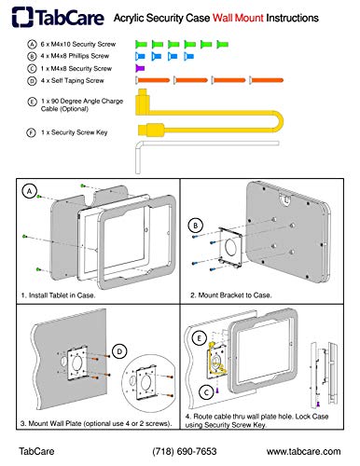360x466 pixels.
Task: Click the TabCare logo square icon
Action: coord(22,17)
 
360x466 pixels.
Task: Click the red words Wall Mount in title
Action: coord(238,18)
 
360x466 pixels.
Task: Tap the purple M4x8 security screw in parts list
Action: coord(140,68)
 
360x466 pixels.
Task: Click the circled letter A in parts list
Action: coord(32,45)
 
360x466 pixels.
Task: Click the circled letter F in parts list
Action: coord(31,132)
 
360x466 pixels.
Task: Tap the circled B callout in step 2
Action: coord(196,226)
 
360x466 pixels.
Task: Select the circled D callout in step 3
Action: coord(119,351)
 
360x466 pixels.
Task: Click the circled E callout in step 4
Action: coord(200,338)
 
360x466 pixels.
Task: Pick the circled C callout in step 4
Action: coord(206,392)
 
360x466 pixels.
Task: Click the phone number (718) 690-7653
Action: coord(185,451)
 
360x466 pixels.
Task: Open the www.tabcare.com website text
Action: coord(303,451)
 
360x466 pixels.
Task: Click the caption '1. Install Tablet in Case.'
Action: coord(58,295)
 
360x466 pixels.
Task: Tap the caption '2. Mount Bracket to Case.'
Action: coord(230,295)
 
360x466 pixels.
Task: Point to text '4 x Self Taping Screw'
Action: coord(72,81)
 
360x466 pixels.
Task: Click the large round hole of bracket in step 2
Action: coord(230,248)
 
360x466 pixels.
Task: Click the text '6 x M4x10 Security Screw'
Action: coord(78,45)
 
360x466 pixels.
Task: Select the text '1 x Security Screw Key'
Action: coord(74,132)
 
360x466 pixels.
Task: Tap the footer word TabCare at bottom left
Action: coord(36,451)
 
